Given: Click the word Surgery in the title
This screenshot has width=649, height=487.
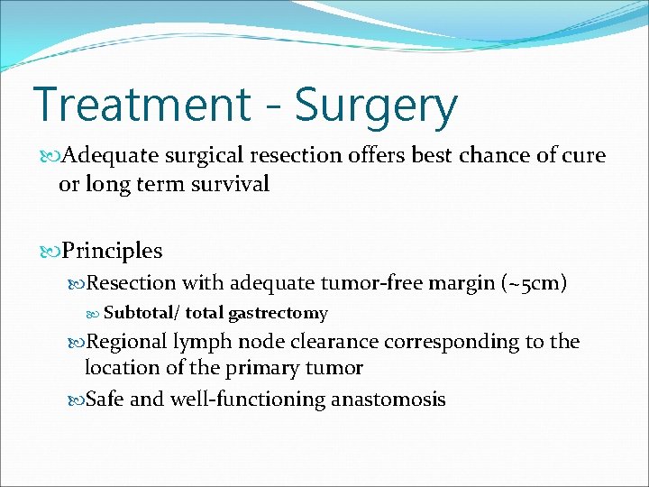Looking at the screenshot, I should pos(376,106).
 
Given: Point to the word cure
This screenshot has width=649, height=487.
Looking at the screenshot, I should pos(583,156).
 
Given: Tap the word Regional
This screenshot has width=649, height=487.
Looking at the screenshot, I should pos(126,342).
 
